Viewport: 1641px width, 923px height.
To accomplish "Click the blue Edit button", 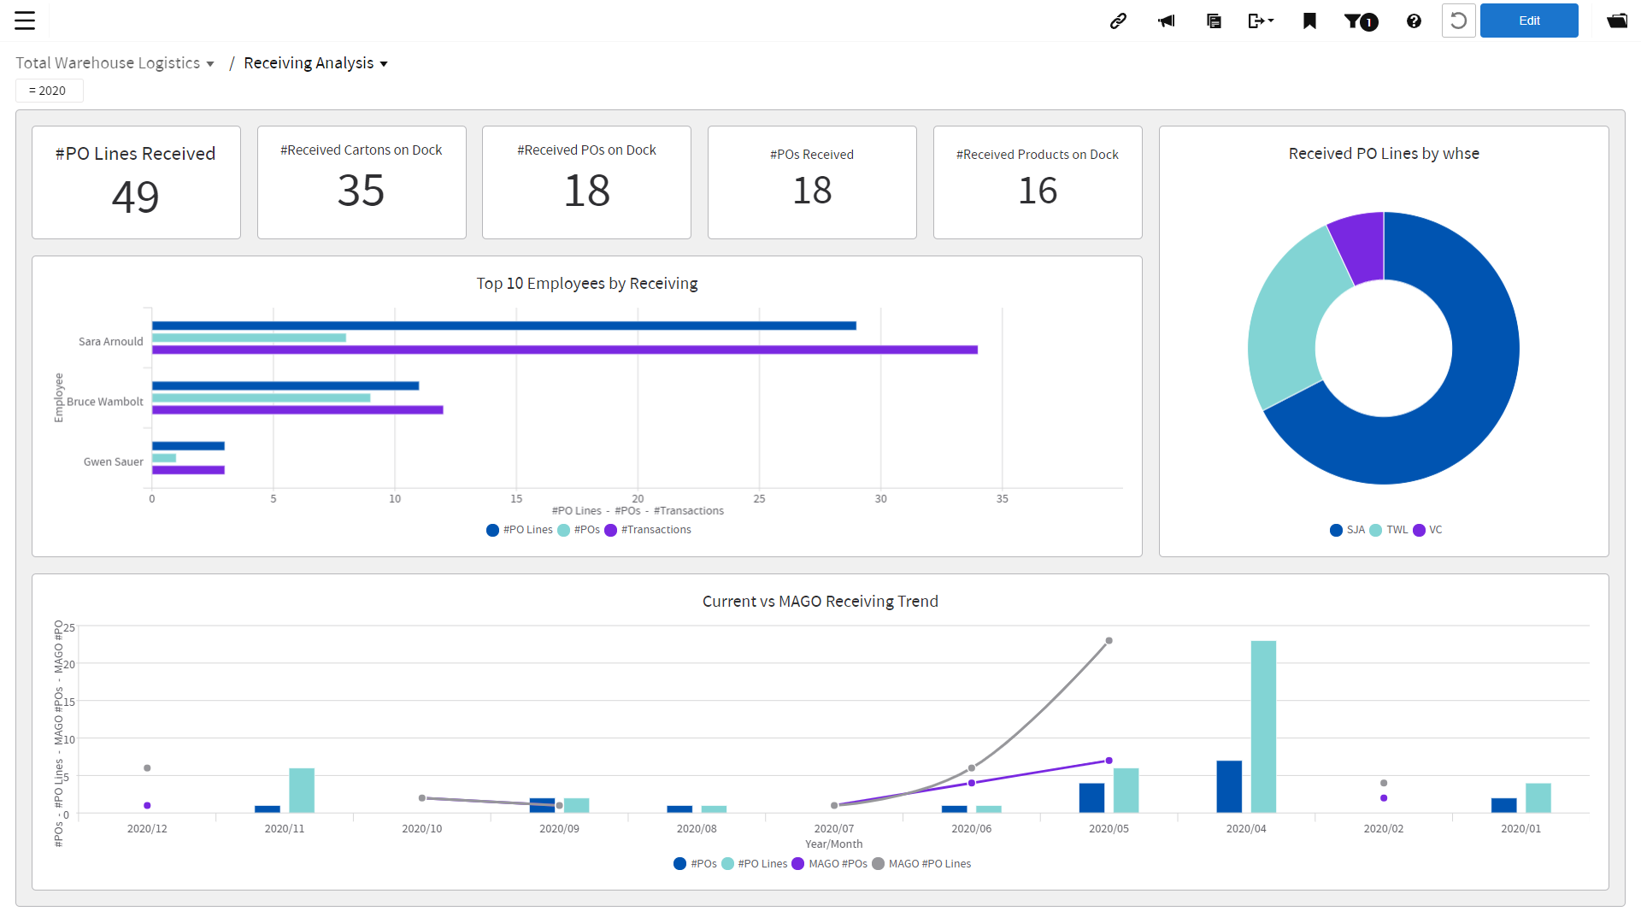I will pyautogui.click(x=1528, y=21).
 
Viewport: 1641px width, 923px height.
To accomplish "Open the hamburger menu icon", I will pyautogui.click(x=25, y=21).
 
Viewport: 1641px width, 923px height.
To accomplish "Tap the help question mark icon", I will pyautogui.click(x=1414, y=21).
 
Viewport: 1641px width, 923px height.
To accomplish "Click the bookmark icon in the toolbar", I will pyautogui.click(x=1309, y=21).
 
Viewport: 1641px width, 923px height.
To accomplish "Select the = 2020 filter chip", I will pyautogui.click(x=49, y=91).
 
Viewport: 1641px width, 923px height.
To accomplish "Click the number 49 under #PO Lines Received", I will pyautogui.click(x=136, y=197).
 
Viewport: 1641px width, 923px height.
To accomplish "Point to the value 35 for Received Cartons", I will pyautogui.click(x=361, y=191).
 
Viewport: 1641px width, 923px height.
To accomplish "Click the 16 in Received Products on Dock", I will pyautogui.click(x=1037, y=191).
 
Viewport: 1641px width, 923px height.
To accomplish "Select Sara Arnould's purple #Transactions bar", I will pyautogui.click(x=564, y=350).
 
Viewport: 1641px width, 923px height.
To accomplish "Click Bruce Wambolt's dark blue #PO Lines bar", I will pyautogui.click(x=285, y=385).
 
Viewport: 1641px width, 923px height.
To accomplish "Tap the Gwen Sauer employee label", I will pyautogui.click(x=113, y=461).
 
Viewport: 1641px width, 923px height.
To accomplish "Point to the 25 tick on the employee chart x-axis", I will pyautogui.click(x=759, y=498).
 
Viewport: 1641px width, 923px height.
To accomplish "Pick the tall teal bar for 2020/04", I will pyautogui.click(x=1263, y=726).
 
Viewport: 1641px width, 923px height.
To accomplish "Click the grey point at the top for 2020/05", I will pyautogui.click(x=1109, y=640).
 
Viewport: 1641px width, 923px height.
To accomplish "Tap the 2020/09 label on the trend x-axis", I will pyautogui.click(x=559, y=828).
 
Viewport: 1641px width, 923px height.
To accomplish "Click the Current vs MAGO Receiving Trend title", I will pyautogui.click(x=820, y=601).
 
